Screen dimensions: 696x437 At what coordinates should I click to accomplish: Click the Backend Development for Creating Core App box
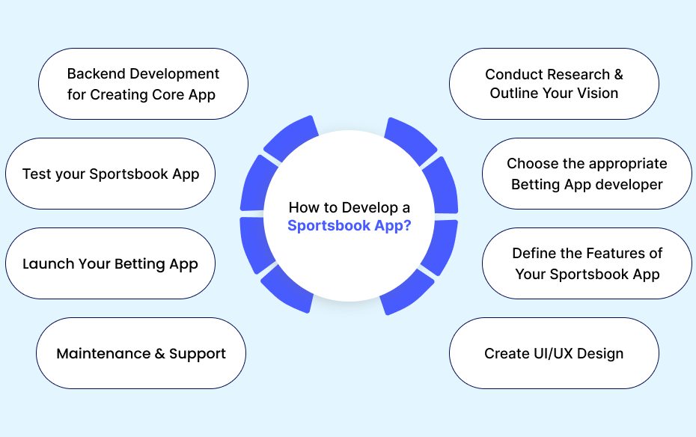tap(143, 84)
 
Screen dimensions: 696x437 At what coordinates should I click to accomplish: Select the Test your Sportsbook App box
tap(110, 174)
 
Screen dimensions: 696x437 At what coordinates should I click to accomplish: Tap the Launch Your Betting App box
tap(110, 263)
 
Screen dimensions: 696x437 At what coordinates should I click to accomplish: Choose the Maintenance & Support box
tap(141, 353)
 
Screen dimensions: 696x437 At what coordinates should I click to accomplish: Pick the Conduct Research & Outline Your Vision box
tap(554, 84)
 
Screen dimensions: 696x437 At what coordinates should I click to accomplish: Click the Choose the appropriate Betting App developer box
tap(587, 174)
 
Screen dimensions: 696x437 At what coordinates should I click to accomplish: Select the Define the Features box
tap(587, 263)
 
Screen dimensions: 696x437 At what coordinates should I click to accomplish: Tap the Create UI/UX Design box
tap(554, 353)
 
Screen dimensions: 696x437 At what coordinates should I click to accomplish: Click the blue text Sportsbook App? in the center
tap(349, 226)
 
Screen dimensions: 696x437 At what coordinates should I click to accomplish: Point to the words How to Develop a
tap(349, 207)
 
